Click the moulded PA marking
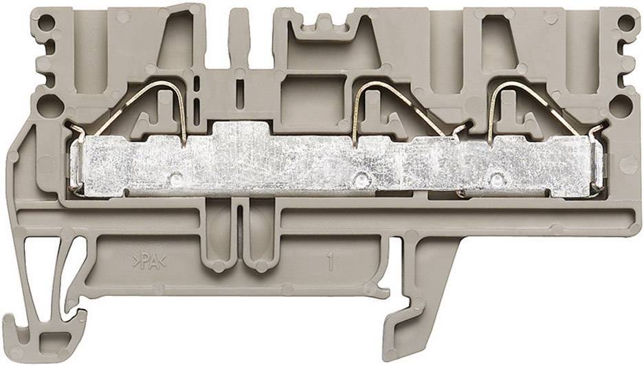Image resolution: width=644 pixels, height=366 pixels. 149,261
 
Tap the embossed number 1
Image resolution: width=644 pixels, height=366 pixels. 330,263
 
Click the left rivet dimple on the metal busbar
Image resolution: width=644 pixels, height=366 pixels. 176,178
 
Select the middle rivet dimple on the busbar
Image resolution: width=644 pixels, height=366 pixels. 361,179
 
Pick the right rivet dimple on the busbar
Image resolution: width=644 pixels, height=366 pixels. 496,179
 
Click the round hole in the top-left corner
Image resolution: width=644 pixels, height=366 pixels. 46,23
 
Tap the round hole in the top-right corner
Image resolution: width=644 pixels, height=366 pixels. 626,23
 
